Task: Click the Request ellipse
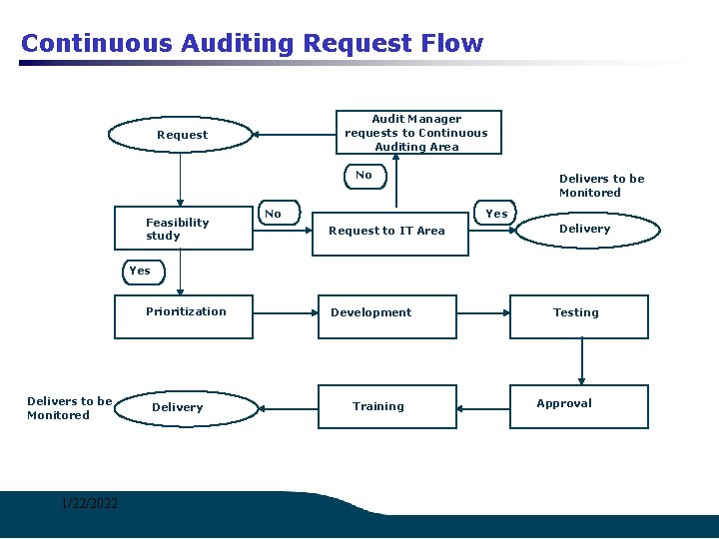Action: pyautogui.click(x=182, y=135)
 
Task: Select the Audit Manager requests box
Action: pyautogui.click(x=416, y=133)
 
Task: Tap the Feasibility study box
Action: pyautogui.click(x=180, y=230)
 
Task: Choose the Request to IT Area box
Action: pyautogui.click(x=389, y=231)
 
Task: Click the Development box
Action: pyautogui.click(x=387, y=316)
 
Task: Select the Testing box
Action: pyautogui.click(x=578, y=316)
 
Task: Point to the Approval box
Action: pyautogui.click(x=578, y=406)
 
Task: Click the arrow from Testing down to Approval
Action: pyautogui.click(x=582, y=361)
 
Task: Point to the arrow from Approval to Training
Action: pyautogui.click(x=483, y=406)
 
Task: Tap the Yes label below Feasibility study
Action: pyautogui.click(x=140, y=270)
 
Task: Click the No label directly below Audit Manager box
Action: pyautogui.click(x=363, y=175)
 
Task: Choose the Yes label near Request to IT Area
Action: pyautogui.click(x=496, y=213)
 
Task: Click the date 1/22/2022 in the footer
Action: pyautogui.click(x=88, y=503)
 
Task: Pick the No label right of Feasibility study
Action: pyautogui.click(x=273, y=214)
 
